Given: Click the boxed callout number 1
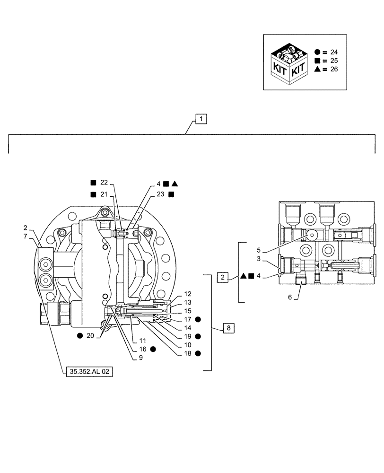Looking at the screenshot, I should point(201,119).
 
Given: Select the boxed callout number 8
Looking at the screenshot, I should point(228,327).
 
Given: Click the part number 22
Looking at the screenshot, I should point(104,183).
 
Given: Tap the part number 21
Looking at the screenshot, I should point(104,194).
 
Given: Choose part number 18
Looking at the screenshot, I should point(188,353).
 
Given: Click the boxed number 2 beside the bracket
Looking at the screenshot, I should point(222,277).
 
